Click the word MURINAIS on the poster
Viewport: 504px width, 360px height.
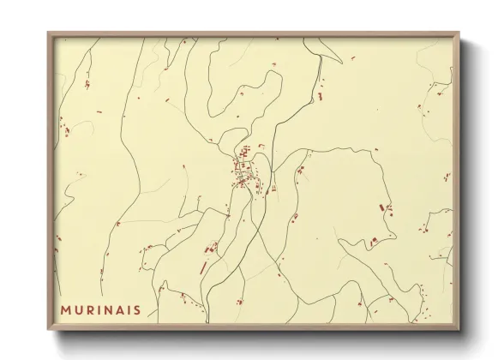(101, 307)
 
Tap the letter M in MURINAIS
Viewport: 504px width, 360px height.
(66, 307)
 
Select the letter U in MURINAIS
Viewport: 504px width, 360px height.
(79, 307)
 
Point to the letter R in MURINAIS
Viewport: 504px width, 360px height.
(90, 307)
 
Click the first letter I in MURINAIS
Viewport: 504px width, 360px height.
(99, 307)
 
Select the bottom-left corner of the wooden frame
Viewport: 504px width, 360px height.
(49, 329)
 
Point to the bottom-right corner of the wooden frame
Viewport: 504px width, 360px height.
(459, 329)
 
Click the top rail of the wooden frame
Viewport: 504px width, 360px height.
(254, 34)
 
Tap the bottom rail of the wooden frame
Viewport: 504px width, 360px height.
(254, 327)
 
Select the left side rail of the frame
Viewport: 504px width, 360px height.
(50, 181)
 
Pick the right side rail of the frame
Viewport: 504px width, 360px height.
(457, 181)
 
